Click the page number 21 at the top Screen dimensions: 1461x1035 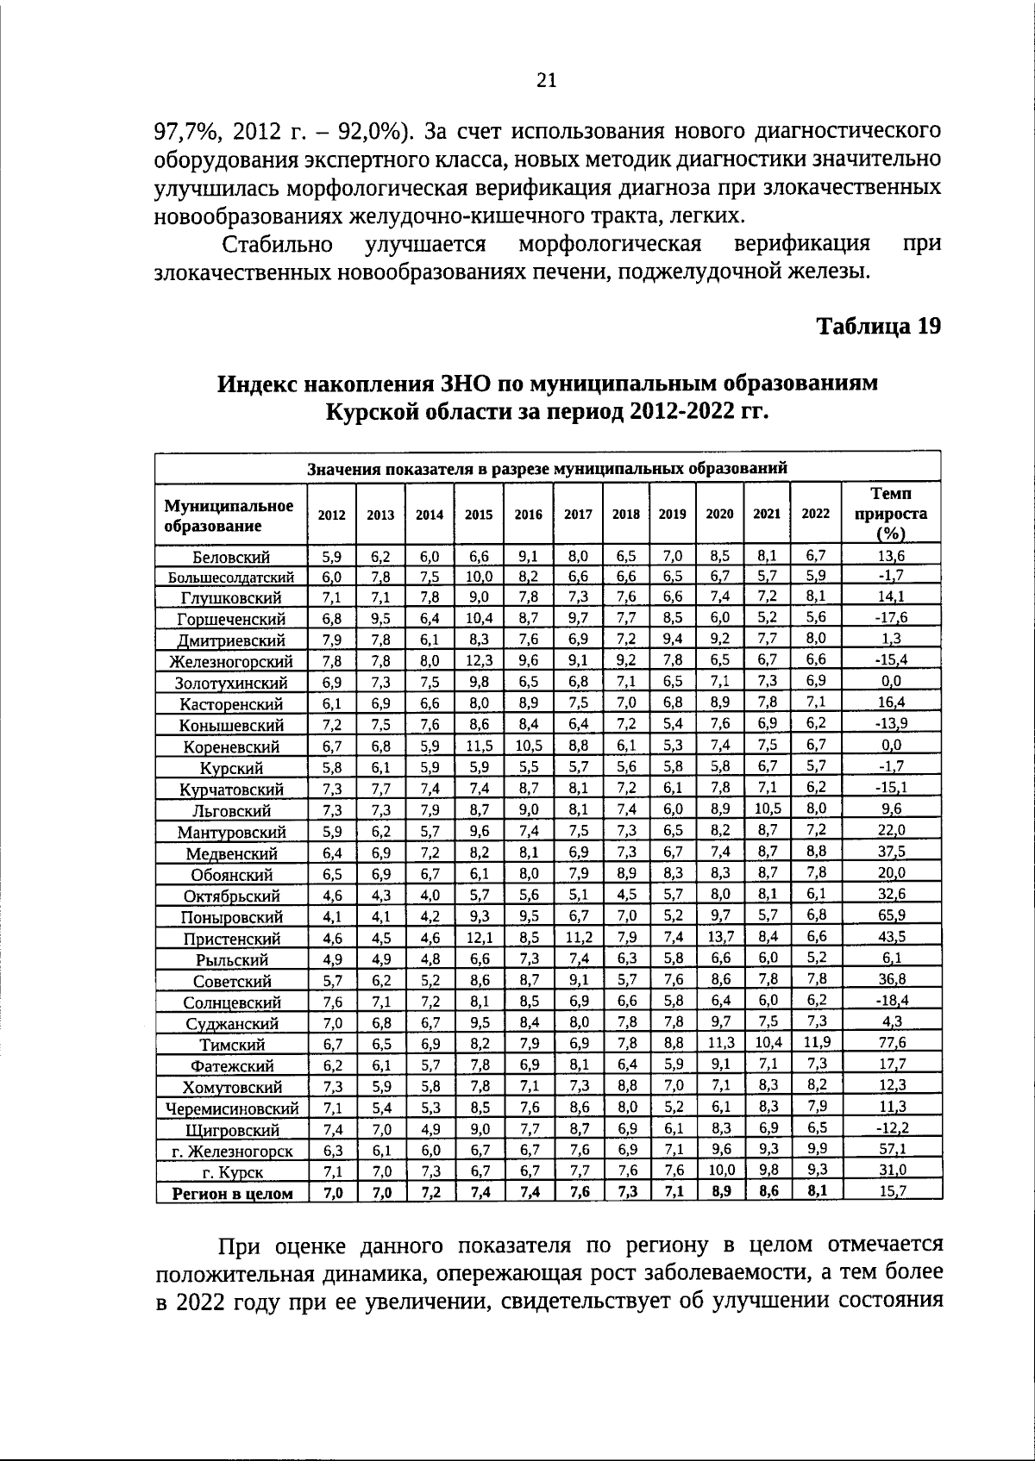pyautogui.click(x=546, y=80)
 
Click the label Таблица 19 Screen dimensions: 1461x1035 pyautogui.click(x=878, y=327)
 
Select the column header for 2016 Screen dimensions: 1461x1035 pyautogui.click(x=528, y=515)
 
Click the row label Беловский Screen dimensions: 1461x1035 pyautogui.click(x=231, y=557)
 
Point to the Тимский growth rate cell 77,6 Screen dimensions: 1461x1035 pyautogui.click(x=891, y=1041)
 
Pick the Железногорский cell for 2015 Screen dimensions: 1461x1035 pyautogui.click(x=479, y=660)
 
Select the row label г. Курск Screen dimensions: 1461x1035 pyautogui.click(x=232, y=1172)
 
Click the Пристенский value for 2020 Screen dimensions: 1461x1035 pyautogui.click(x=719, y=936)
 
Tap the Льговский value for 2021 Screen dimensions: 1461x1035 pyautogui.click(x=767, y=809)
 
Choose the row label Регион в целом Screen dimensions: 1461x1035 pyautogui.click(x=232, y=1194)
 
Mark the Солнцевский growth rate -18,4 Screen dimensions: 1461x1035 pyautogui.click(x=891, y=1000)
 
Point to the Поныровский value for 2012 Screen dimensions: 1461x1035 pyautogui.click(x=332, y=916)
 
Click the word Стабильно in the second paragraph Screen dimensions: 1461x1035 pyautogui.click(x=278, y=244)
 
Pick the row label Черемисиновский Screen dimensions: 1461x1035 pyautogui.click(x=232, y=1108)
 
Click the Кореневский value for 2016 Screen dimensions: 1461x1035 pyautogui.click(x=528, y=746)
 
